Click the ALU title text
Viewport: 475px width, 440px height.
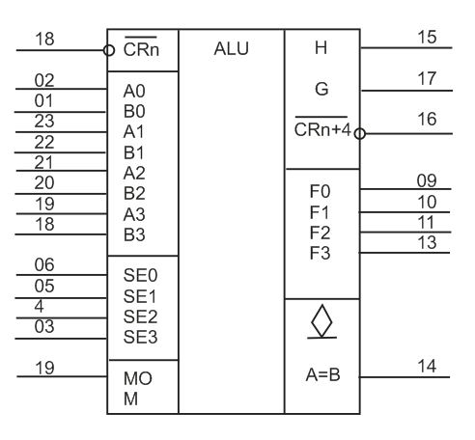pyautogui.click(x=231, y=49)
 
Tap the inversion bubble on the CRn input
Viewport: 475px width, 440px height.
pyautogui.click(x=109, y=50)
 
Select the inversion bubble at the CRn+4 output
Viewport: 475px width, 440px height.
pyautogui.click(x=360, y=133)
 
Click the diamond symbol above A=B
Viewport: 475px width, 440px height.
pyautogui.click(x=321, y=321)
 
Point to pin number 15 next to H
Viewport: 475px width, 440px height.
pyautogui.click(x=427, y=37)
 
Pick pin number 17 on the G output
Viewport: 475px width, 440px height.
pyautogui.click(x=427, y=79)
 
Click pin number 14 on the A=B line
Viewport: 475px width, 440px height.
pyautogui.click(x=427, y=366)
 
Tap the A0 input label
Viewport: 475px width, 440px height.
pyautogui.click(x=134, y=91)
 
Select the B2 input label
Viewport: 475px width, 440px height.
pyautogui.click(x=134, y=194)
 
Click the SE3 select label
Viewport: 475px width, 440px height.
pyautogui.click(x=140, y=337)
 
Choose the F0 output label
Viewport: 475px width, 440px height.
pyautogui.click(x=320, y=191)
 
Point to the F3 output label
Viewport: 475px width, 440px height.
pyautogui.click(x=320, y=253)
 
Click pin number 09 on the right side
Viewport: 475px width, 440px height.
pyautogui.click(x=427, y=180)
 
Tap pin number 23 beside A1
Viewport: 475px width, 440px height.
pyautogui.click(x=44, y=122)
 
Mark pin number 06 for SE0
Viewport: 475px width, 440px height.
pyautogui.click(x=44, y=265)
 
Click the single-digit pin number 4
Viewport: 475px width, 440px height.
pyautogui.click(x=39, y=306)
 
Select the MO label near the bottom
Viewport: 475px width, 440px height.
pyautogui.click(x=138, y=378)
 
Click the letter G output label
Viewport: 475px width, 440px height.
pyautogui.click(x=321, y=89)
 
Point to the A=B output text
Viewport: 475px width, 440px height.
pyautogui.click(x=322, y=374)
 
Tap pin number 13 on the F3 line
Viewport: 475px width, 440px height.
pyautogui.click(x=427, y=242)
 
